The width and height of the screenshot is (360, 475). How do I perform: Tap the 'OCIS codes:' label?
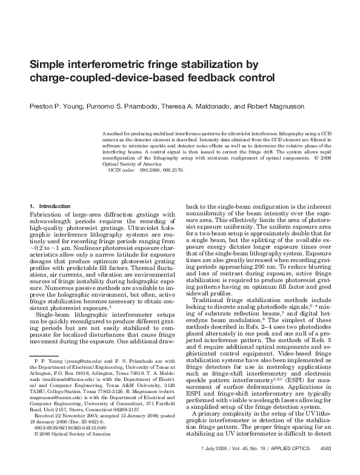coord(122,171)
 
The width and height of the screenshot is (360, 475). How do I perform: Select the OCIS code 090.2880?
coord(150,171)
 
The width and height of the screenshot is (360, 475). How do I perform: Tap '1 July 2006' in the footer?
coord(213,465)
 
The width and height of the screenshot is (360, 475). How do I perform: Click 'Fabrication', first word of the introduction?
coord(46,214)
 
